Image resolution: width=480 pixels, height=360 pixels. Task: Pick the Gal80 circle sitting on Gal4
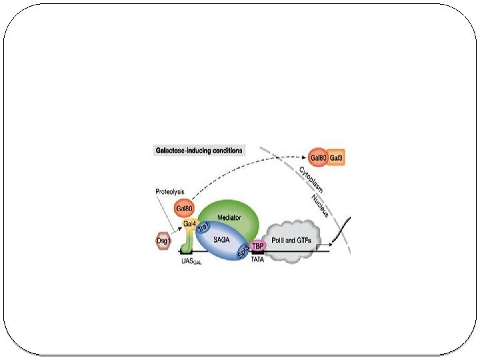click(x=184, y=209)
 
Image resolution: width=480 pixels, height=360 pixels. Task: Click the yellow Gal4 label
click(x=190, y=222)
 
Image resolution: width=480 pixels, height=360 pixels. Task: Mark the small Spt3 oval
click(x=243, y=252)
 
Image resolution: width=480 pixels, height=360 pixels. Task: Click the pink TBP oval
click(x=259, y=245)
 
